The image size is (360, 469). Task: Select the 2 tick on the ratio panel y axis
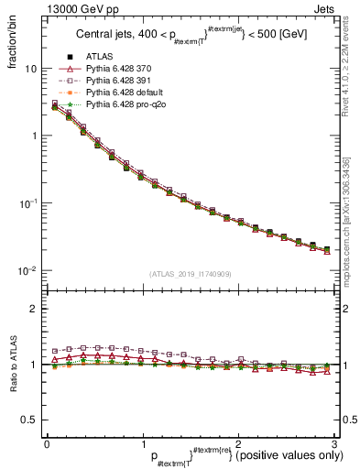(x=33, y=309)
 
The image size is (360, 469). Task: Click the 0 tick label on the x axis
(x=47, y=443)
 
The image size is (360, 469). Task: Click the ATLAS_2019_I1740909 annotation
(x=191, y=274)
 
